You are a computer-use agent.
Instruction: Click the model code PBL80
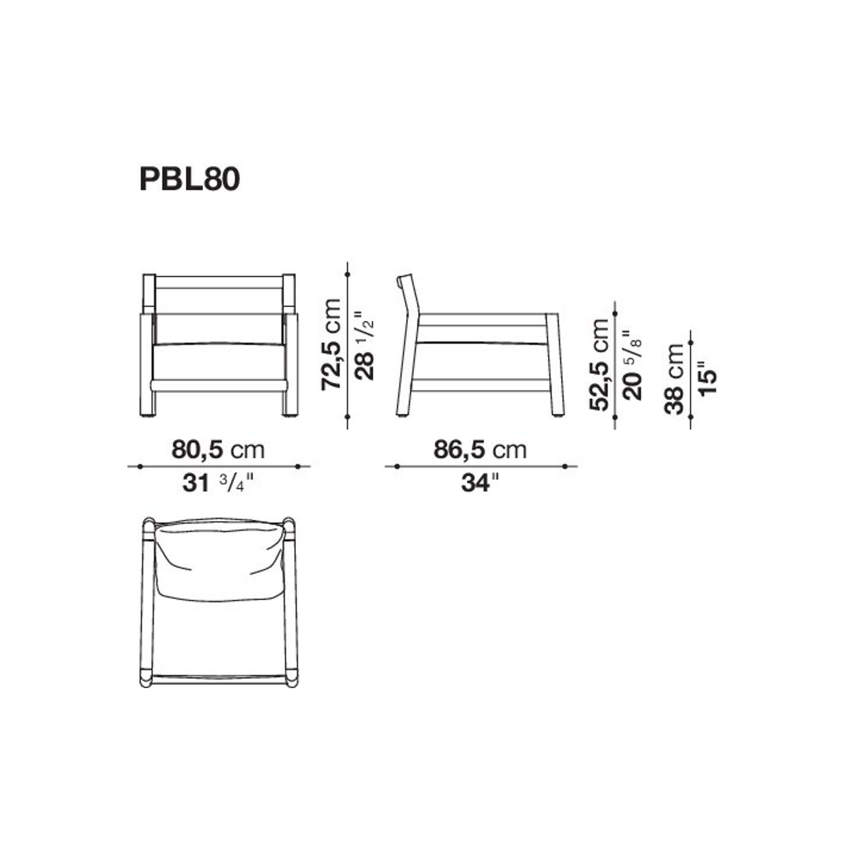click(x=189, y=180)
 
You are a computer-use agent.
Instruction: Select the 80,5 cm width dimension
click(x=218, y=450)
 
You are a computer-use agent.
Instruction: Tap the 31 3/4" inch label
click(x=217, y=483)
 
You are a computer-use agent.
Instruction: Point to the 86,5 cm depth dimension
click(x=480, y=450)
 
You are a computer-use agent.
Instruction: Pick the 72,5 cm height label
click(x=331, y=345)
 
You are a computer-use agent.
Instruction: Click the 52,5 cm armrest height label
click(x=599, y=365)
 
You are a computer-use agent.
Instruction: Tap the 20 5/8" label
click(x=632, y=365)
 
